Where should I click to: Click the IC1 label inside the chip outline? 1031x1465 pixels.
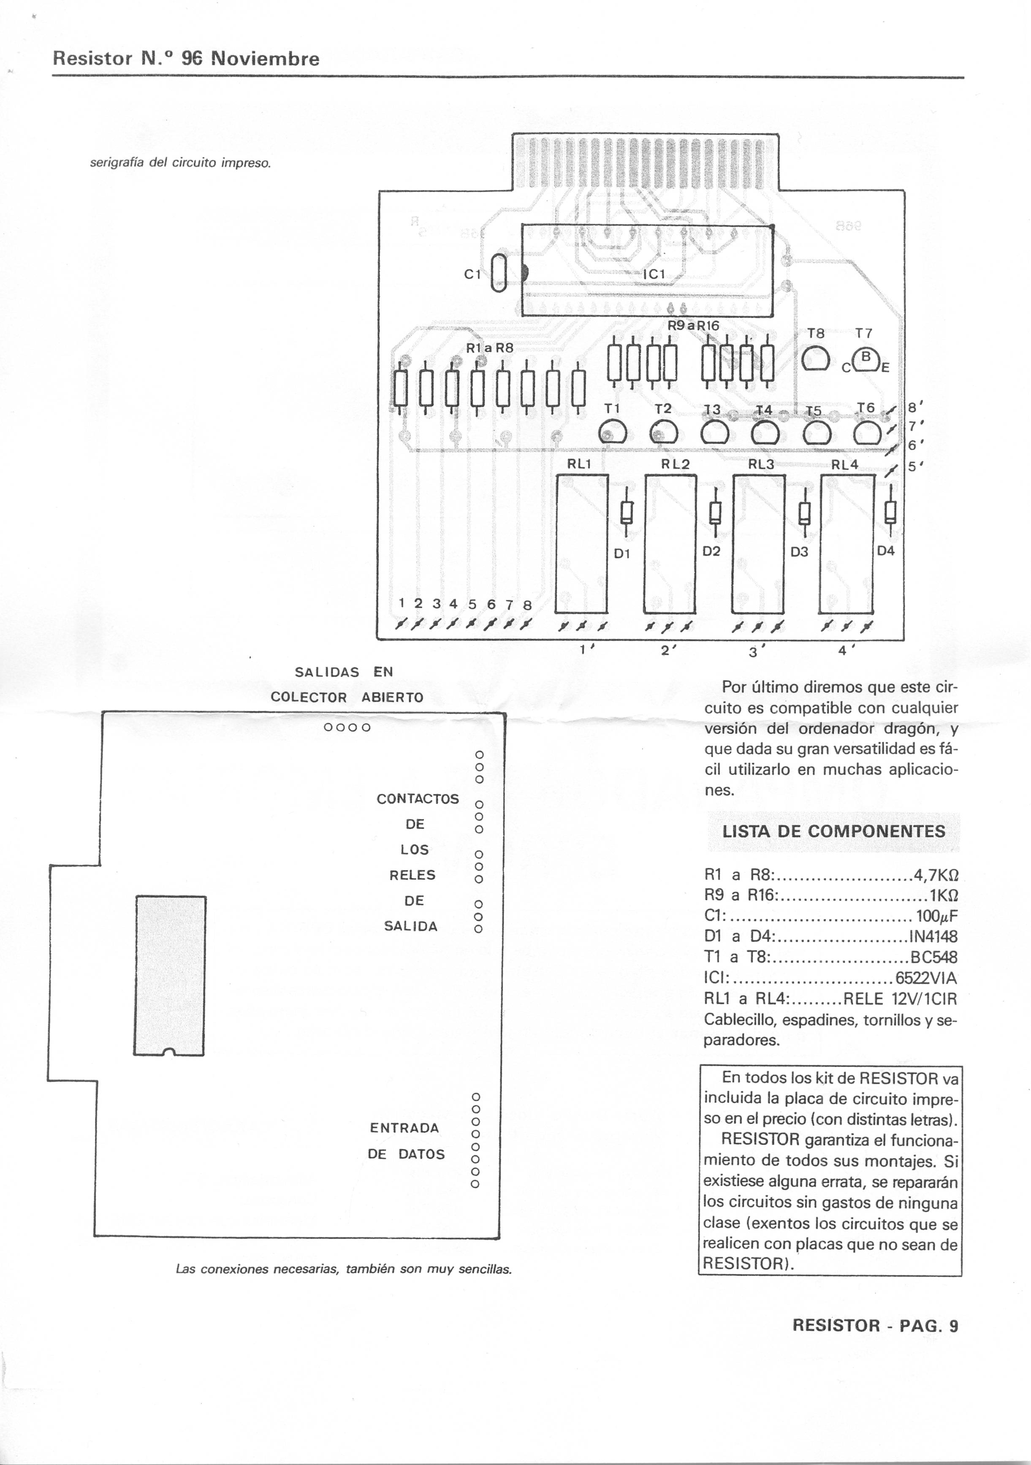tap(654, 274)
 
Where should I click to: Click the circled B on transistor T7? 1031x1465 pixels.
tap(866, 357)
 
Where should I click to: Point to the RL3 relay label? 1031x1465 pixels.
tap(761, 464)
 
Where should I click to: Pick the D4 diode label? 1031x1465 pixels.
tap(886, 551)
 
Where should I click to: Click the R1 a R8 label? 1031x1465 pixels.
tap(489, 348)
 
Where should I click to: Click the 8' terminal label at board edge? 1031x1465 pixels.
tap(914, 407)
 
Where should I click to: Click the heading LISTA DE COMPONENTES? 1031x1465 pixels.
tap(833, 831)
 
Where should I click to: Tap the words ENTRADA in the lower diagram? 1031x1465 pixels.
tap(404, 1128)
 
